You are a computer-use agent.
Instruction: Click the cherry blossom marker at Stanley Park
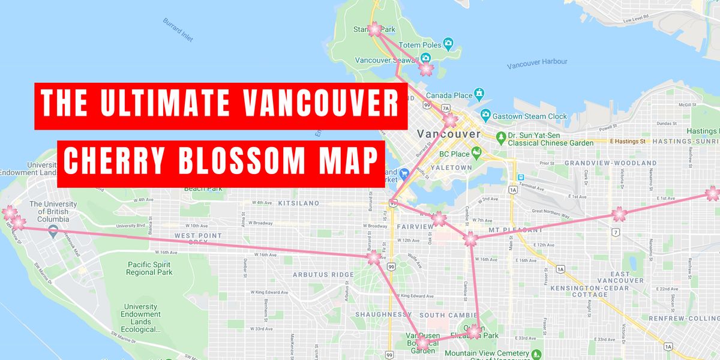pos(374,29)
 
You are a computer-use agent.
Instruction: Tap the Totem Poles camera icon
pos(448,44)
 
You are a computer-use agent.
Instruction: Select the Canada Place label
pos(449,95)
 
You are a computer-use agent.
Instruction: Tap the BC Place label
pos(454,154)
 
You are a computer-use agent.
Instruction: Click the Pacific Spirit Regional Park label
pos(149,268)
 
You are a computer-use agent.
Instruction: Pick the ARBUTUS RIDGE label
pos(323,275)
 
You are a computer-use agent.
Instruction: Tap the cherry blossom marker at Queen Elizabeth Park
pos(475,331)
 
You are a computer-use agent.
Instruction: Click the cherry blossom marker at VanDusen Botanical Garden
pos(422,343)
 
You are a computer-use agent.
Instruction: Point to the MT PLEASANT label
pos(511,229)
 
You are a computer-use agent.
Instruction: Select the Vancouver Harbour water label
pos(536,62)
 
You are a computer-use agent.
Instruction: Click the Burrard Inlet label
pos(178,29)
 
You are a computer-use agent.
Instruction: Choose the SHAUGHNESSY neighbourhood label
pos(383,314)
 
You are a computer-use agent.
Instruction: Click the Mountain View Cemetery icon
pos(536,353)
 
